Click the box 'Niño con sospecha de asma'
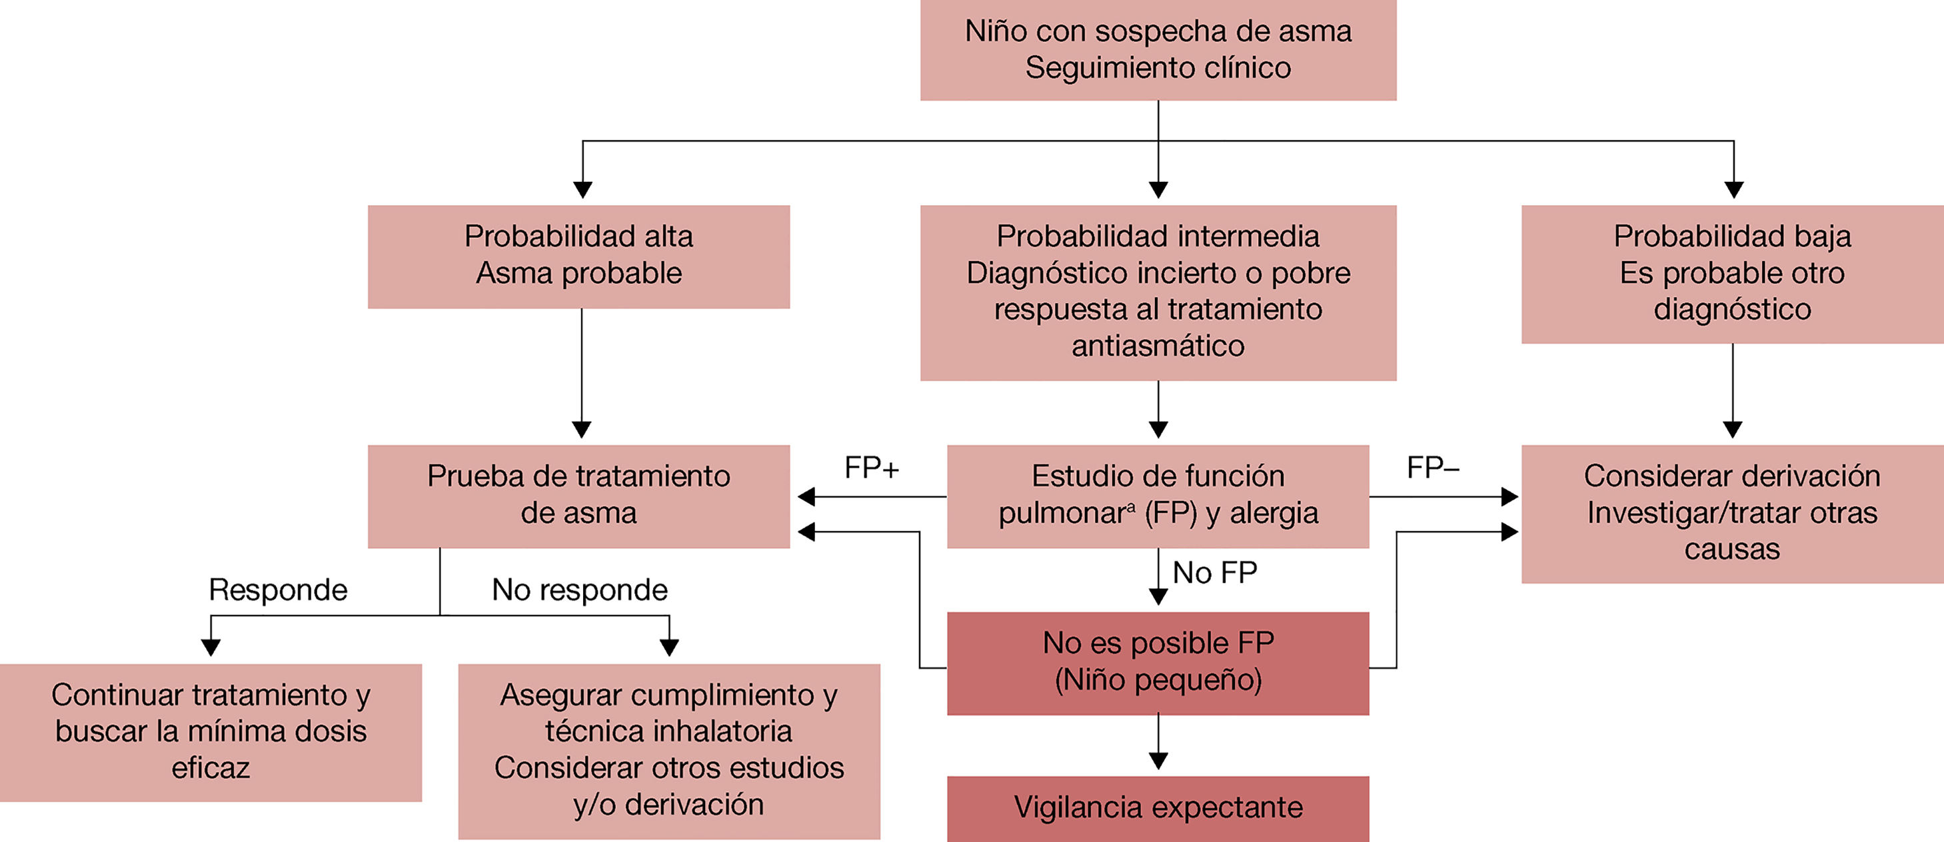point(1158,50)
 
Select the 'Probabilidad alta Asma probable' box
point(579,256)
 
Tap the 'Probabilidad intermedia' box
point(1158,292)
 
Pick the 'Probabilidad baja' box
point(1732,274)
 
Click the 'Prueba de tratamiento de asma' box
point(579,496)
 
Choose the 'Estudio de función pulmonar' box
point(1158,496)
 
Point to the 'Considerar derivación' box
point(1732,513)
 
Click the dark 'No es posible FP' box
point(1158,662)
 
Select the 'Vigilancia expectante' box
point(1158,808)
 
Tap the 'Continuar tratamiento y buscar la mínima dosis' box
point(211,732)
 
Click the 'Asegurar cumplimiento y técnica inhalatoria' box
point(668,750)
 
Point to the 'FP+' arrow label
point(872,468)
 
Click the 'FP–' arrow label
point(1433,468)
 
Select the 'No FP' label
point(1214,574)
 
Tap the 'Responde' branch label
point(278,590)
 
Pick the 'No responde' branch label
point(580,590)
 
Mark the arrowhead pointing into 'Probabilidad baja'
point(1733,190)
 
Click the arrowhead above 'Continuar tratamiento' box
point(211,647)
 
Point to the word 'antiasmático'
point(1158,346)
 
